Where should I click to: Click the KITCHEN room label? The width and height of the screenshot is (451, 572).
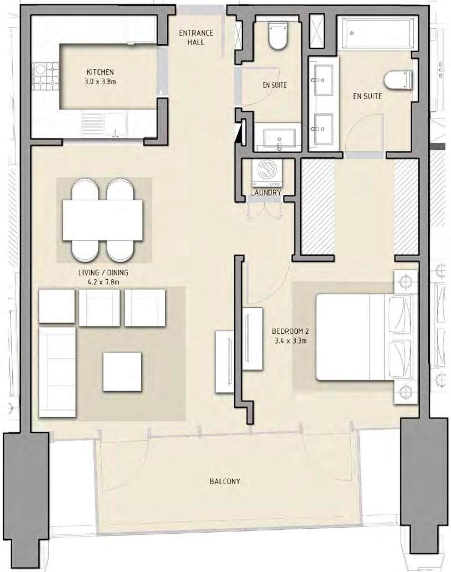(100, 72)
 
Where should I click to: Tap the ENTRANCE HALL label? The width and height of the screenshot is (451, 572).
(196, 37)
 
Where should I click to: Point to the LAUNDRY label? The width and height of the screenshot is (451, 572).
(266, 192)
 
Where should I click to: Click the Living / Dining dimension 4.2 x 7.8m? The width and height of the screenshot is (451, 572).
(103, 282)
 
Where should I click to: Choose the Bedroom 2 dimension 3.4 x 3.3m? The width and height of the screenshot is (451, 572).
(290, 340)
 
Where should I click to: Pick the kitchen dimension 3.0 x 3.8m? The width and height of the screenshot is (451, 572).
(100, 82)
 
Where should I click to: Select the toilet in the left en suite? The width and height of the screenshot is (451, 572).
(278, 36)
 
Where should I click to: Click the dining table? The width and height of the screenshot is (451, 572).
(103, 220)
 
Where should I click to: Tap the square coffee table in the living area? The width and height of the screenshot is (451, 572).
(122, 371)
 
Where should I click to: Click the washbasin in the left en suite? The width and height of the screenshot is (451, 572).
(279, 140)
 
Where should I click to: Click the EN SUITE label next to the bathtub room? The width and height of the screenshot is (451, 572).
(367, 96)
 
